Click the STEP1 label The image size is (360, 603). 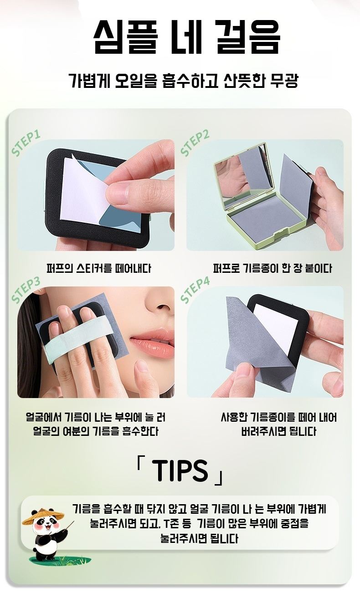(x=26, y=143)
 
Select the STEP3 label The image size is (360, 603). (x=26, y=290)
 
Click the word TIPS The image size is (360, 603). (x=180, y=470)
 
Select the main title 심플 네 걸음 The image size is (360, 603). (x=187, y=36)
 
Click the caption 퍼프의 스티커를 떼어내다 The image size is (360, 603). (x=98, y=268)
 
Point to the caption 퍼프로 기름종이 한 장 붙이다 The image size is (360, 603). (x=273, y=268)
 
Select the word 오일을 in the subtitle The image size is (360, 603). (x=135, y=80)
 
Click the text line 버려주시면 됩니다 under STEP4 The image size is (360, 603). (x=278, y=431)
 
